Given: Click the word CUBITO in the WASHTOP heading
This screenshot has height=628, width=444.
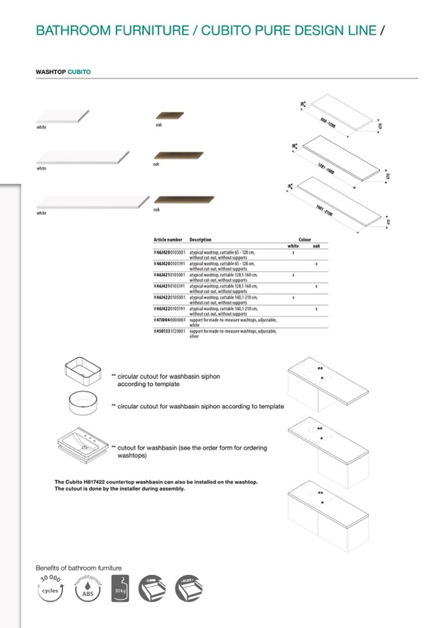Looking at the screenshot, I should click(x=79, y=71).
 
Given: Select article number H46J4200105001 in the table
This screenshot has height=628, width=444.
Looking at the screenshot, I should click(x=170, y=252).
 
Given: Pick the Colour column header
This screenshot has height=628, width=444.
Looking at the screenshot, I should click(x=305, y=240).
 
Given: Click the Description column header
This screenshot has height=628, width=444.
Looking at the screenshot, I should click(x=200, y=240).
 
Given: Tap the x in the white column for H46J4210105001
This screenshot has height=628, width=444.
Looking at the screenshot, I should click(x=293, y=275).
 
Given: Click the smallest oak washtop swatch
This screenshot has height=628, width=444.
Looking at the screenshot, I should click(x=170, y=116).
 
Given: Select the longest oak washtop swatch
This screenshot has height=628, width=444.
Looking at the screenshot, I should click(x=184, y=199).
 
